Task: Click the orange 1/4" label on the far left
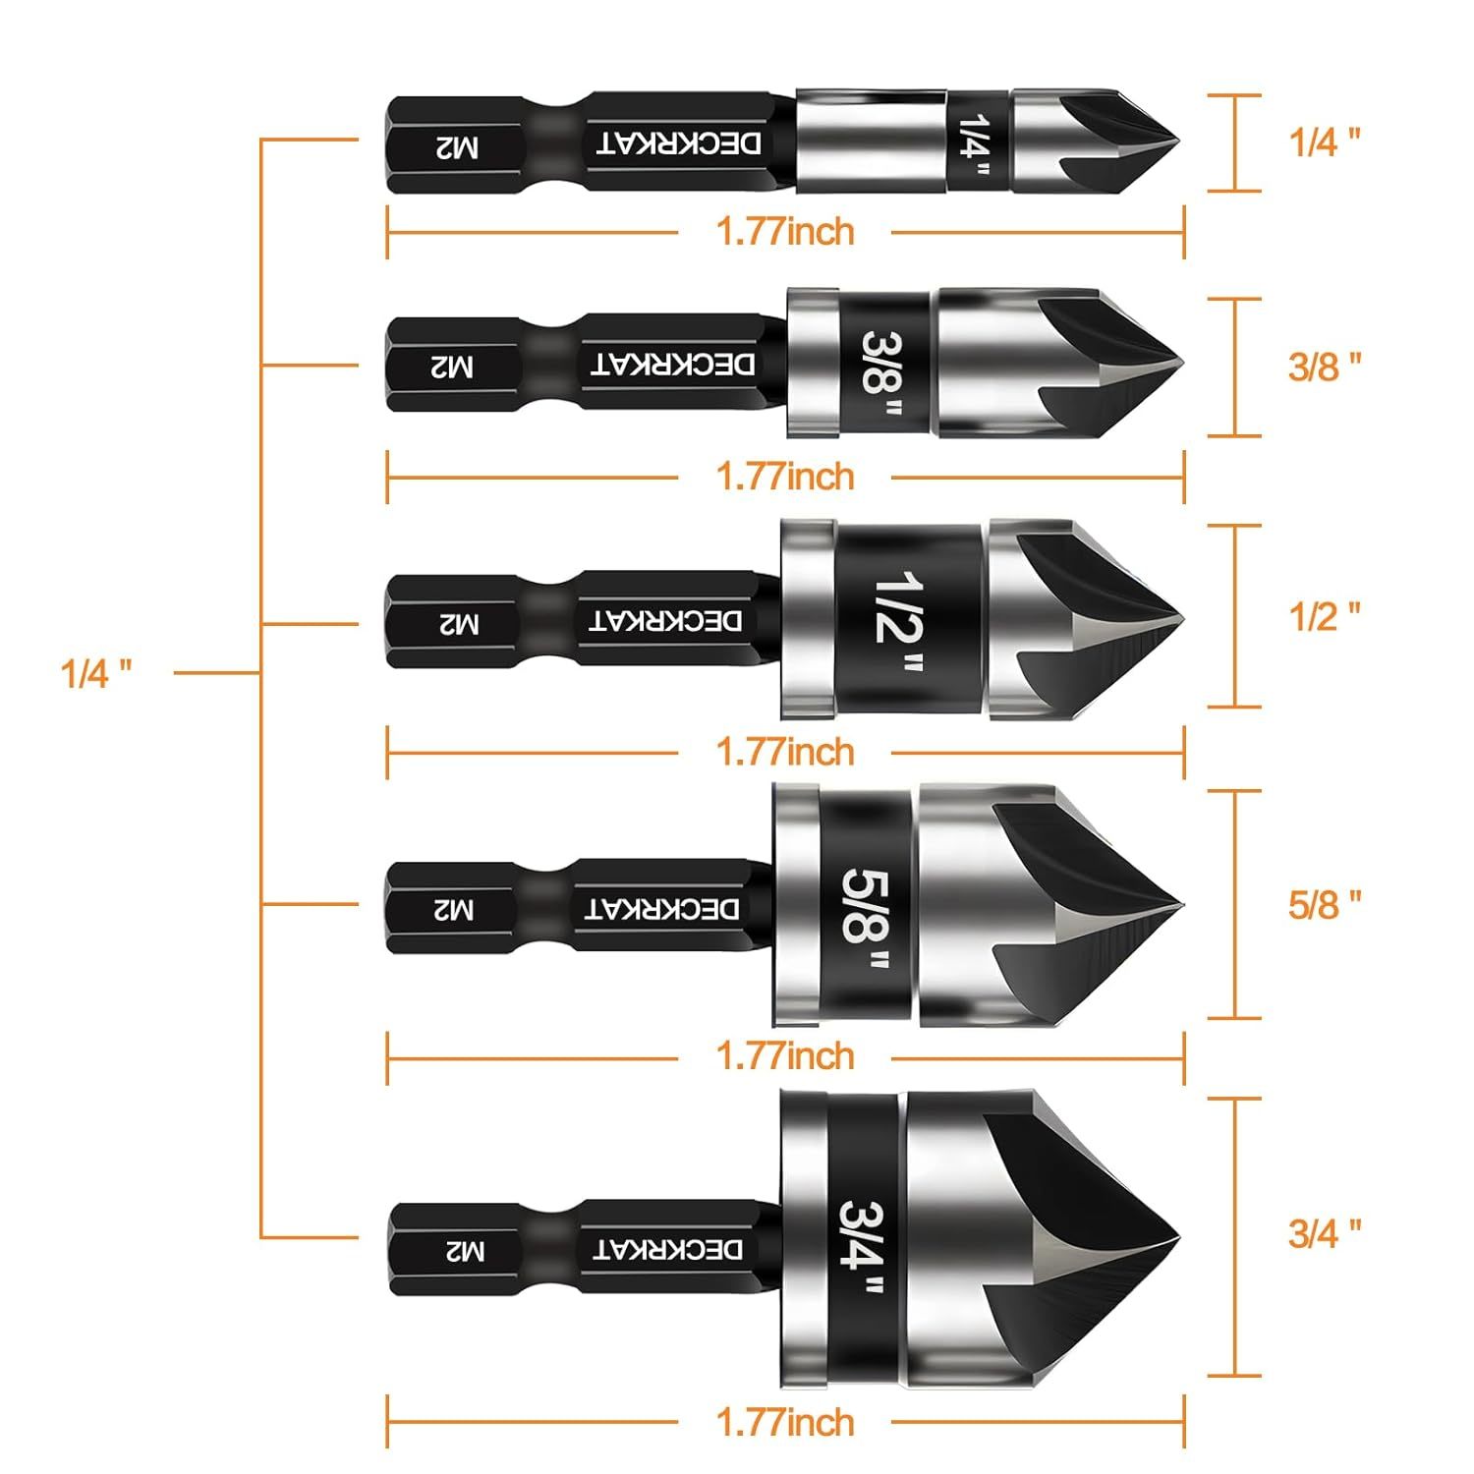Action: [96, 674]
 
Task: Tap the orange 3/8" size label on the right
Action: [1325, 367]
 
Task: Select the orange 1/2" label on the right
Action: [1325, 616]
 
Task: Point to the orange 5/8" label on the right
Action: [1325, 904]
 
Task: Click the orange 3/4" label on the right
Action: [1325, 1232]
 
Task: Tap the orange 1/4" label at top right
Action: [1325, 142]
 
